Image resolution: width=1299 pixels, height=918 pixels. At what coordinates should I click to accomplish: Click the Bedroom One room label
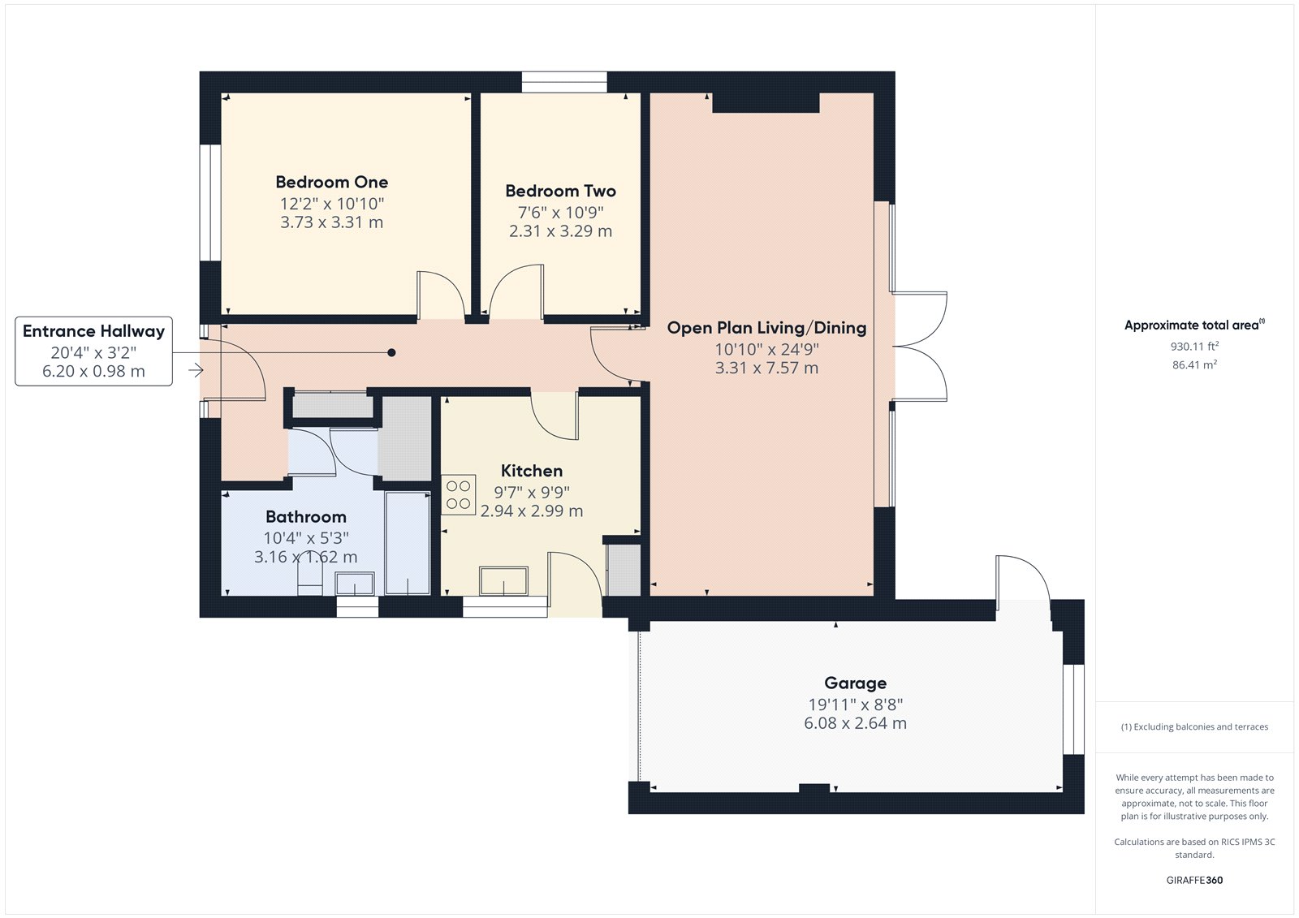tap(331, 182)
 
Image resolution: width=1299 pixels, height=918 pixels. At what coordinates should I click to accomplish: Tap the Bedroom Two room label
tap(560, 191)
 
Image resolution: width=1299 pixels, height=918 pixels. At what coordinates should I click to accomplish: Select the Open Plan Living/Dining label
tap(766, 328)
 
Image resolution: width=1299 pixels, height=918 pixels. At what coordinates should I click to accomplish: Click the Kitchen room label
tap(531, 471)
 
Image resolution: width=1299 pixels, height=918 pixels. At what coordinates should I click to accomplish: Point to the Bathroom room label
tap(305, 517)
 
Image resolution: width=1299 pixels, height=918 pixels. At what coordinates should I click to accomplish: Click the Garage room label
tap(855, 683)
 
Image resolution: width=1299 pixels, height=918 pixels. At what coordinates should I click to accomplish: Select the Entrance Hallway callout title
tap(93, 331)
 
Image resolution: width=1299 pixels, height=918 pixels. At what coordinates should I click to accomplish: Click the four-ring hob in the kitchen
tap(458, 495)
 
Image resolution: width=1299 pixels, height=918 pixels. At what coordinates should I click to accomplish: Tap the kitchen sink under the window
tap(503, 581)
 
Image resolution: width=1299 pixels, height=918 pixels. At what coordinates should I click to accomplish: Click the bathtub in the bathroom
tap(408, 542)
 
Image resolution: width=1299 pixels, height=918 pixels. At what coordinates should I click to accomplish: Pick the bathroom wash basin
tap(355, 583)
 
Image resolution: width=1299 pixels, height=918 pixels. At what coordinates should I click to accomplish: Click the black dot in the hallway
tap(391, 352)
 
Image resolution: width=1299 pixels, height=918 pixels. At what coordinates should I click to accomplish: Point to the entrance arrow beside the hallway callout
tap(196, 371)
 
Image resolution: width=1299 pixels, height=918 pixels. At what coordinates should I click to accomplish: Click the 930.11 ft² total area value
tap(1193, 347)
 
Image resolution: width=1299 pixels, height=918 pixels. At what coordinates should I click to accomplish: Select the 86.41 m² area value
tap(1193, 365)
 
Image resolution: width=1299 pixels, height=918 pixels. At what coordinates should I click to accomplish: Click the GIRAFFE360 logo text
tap(1194, 880)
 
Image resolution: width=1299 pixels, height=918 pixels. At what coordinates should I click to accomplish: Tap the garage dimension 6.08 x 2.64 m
tap(855, 723)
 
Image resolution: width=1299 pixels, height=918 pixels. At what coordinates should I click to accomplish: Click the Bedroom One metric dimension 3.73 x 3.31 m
tap(331, 222)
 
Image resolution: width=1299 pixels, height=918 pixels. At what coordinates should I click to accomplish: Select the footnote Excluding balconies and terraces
tap(1194, 727)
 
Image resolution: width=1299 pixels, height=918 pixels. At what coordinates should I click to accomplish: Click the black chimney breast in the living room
tap(766, 102)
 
